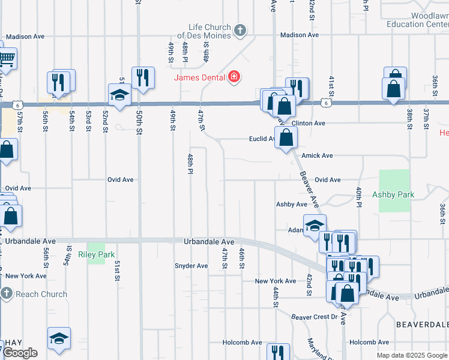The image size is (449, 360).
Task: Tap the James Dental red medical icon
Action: (234, 77)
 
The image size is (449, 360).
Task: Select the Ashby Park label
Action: (393, 194)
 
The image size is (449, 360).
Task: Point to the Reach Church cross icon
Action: (7, 294)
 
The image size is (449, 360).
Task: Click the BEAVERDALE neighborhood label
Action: (422, 323)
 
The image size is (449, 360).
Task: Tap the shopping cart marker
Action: (5, 59)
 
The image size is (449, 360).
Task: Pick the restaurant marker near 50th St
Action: (143, 77)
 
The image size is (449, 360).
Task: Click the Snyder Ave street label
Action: (191, 266)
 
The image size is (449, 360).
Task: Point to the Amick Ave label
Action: (317, 156)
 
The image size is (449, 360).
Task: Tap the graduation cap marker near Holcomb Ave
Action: (59, 338)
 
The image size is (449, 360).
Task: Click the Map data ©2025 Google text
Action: (412, 355)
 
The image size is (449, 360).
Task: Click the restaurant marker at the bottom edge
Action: (277, 352)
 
